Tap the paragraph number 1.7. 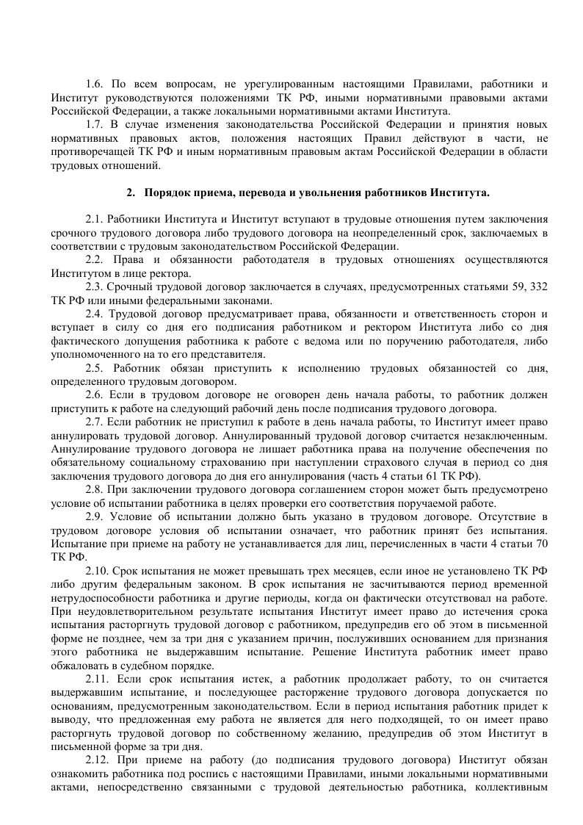tap(93, 124)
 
